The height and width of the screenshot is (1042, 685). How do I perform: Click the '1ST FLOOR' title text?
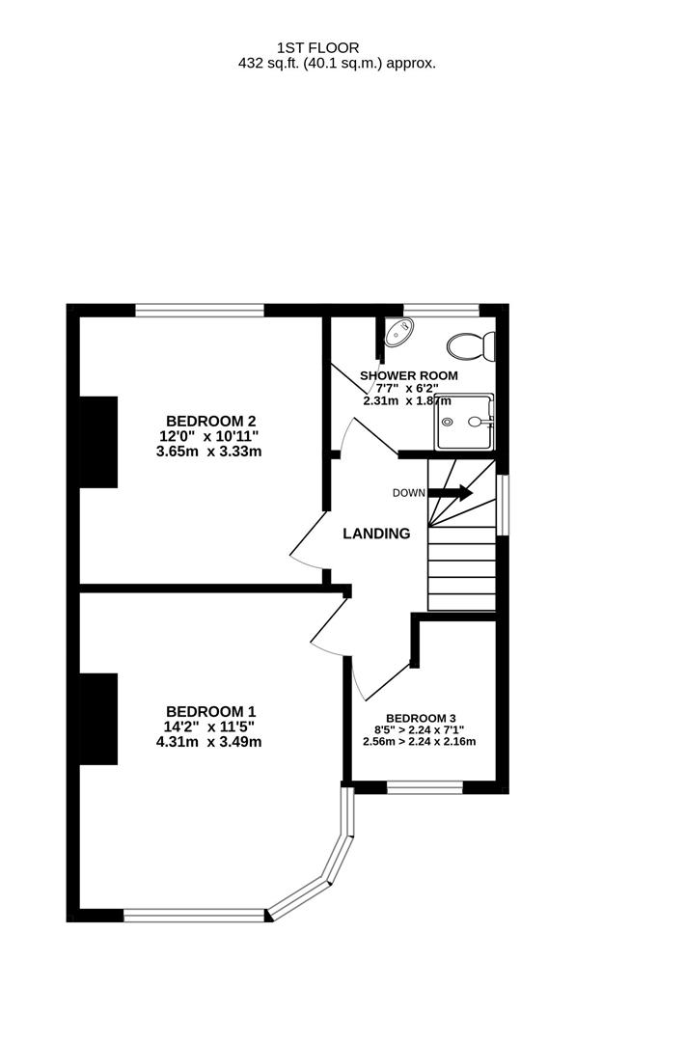(317, 46)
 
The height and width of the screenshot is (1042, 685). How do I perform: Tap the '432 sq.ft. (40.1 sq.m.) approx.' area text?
(337, 63)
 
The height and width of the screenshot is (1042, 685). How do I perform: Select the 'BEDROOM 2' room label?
(210, 421)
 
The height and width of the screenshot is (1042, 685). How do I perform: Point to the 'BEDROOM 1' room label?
(210, 711)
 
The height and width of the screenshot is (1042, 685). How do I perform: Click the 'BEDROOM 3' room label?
(420, 718)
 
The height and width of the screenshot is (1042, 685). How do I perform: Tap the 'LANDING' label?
(377, 534)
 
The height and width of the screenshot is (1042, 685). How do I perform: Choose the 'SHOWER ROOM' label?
(409, 375)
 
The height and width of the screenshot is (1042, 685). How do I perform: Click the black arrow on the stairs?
(451, 493)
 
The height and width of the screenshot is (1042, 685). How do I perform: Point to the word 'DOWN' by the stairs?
(408, 493)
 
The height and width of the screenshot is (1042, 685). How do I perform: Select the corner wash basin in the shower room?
(397, 334)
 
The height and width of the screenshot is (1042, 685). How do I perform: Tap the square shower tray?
(464, 422)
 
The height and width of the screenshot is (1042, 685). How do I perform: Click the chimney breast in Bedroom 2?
(97, 441)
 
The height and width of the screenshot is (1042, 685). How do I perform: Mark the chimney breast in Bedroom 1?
(97, 720)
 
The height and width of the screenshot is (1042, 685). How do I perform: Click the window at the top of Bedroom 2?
(200, 311)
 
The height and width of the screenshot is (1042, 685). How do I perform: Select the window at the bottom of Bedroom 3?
(425, 787)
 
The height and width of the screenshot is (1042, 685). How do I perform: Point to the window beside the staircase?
(502, 504)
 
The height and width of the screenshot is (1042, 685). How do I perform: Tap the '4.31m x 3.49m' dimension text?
(209, 742)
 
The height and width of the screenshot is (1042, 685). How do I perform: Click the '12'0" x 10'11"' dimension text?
(209, 436)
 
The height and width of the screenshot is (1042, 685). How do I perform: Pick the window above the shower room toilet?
(441, 311)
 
